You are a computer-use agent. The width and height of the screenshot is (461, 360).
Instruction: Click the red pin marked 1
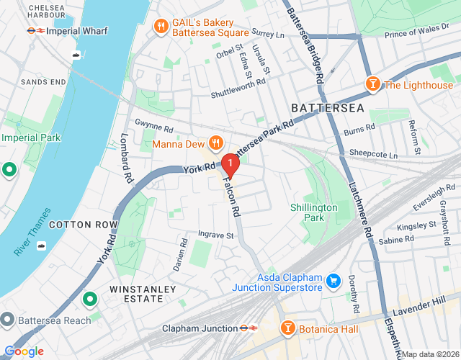229,165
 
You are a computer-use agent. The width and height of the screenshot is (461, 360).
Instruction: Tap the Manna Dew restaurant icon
214,141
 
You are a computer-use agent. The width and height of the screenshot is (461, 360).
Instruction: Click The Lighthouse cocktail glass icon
372,84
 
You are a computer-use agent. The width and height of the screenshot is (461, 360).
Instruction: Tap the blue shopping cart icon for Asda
334,280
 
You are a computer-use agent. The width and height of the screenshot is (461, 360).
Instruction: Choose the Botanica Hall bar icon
287,328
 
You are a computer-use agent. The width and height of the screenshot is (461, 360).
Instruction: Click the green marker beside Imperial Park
9,170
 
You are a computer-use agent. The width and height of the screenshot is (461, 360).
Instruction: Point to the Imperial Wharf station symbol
33,31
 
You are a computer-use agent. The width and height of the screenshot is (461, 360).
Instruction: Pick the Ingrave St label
216,235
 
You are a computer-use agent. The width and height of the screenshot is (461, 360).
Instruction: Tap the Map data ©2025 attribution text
430,354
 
